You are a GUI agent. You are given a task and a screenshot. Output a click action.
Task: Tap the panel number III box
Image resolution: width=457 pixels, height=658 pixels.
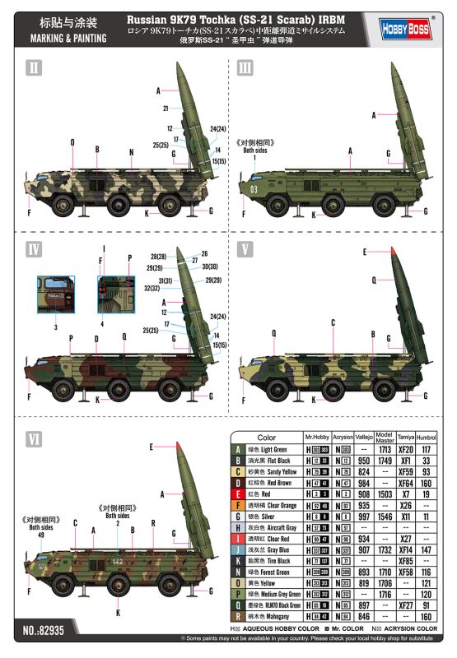click(245, 68)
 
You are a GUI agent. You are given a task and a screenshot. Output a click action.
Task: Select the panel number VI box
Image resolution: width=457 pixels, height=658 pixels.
click(34, 440)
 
